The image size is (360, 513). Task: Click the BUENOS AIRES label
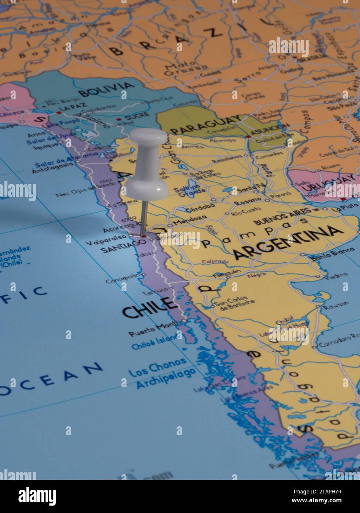coord(282,216)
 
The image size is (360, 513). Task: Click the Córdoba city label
coord(200,208)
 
